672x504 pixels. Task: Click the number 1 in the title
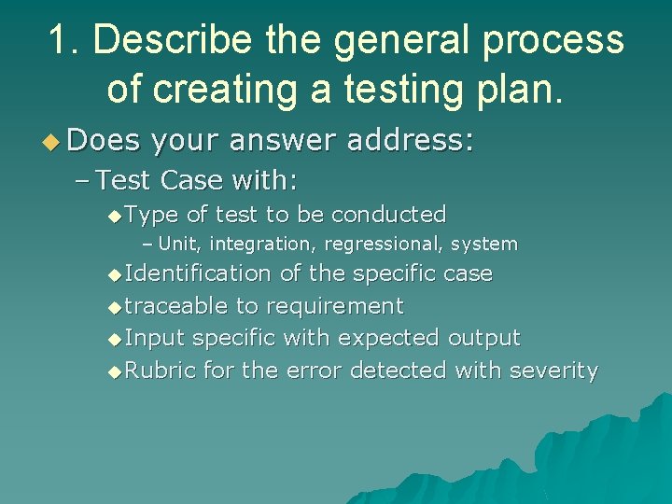[58, 41]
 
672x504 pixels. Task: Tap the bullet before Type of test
[115, 216]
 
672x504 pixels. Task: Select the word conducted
[388, 215]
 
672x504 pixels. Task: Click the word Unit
[179, 245]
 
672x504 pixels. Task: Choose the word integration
[260, 245]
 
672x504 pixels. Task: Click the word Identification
[197, 273]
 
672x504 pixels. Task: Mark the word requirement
[335, 306]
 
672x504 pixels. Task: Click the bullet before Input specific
[115, 339]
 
